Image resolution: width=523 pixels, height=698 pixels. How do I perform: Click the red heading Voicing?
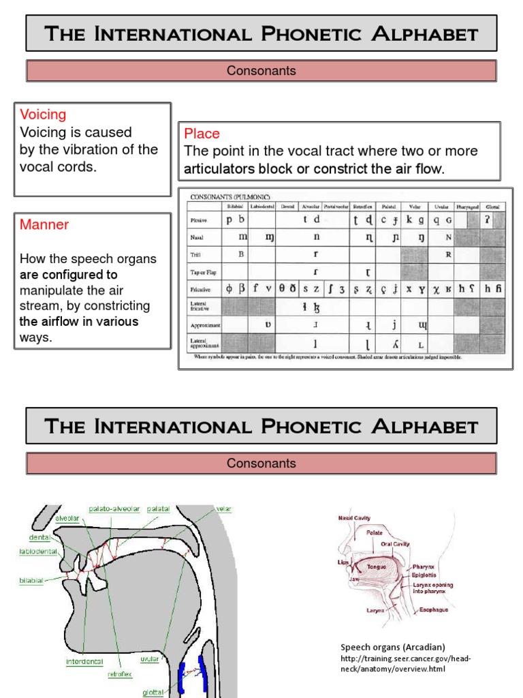pos(43,115)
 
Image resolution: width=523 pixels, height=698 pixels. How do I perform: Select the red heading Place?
pos(202,134)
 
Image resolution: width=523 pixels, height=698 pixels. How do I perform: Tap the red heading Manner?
pos(44,224)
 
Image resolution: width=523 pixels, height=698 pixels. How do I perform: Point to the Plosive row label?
pos(198,221)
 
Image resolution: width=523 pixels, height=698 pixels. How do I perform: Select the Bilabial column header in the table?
pos(234,206)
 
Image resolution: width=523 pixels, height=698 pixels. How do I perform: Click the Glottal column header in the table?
pos(492,206)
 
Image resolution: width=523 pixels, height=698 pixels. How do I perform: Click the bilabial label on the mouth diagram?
pos(31,581)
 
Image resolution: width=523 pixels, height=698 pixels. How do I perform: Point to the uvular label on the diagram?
pos(149,659)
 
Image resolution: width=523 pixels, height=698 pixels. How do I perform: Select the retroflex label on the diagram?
pos(120,674)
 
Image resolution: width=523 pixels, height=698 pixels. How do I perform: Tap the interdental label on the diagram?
pos(85,661)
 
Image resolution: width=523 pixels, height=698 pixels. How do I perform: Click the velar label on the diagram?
pos(223,509)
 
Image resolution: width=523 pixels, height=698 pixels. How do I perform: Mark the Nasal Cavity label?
pos(353,518)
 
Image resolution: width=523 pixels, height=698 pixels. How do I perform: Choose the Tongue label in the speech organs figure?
pos(377,566)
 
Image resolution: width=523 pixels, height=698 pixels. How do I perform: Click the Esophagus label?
pos(434,609)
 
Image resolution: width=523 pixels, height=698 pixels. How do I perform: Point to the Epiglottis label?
pos(426,575)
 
